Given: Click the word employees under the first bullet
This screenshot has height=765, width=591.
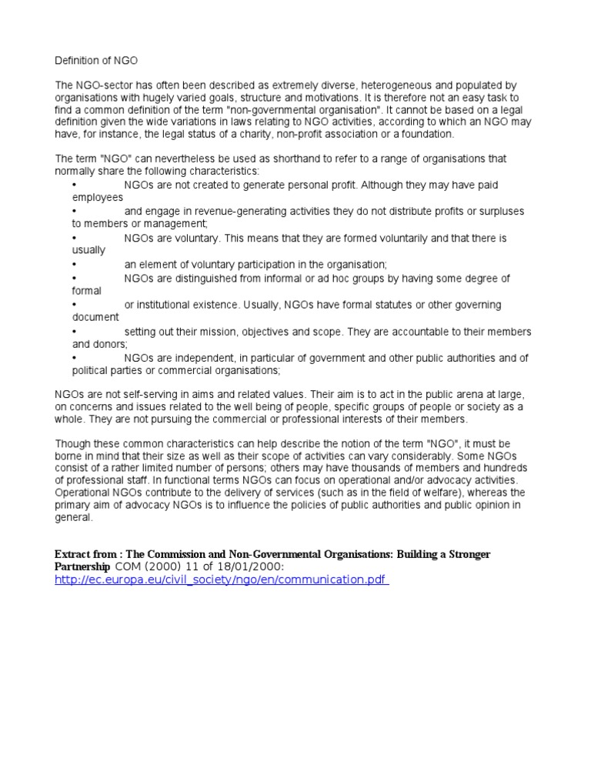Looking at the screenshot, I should (x=98, y=198).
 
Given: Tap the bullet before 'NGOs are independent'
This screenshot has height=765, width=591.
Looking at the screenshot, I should (x=74, y=358).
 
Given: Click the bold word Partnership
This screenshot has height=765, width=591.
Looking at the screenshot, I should (x=82, y=566).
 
